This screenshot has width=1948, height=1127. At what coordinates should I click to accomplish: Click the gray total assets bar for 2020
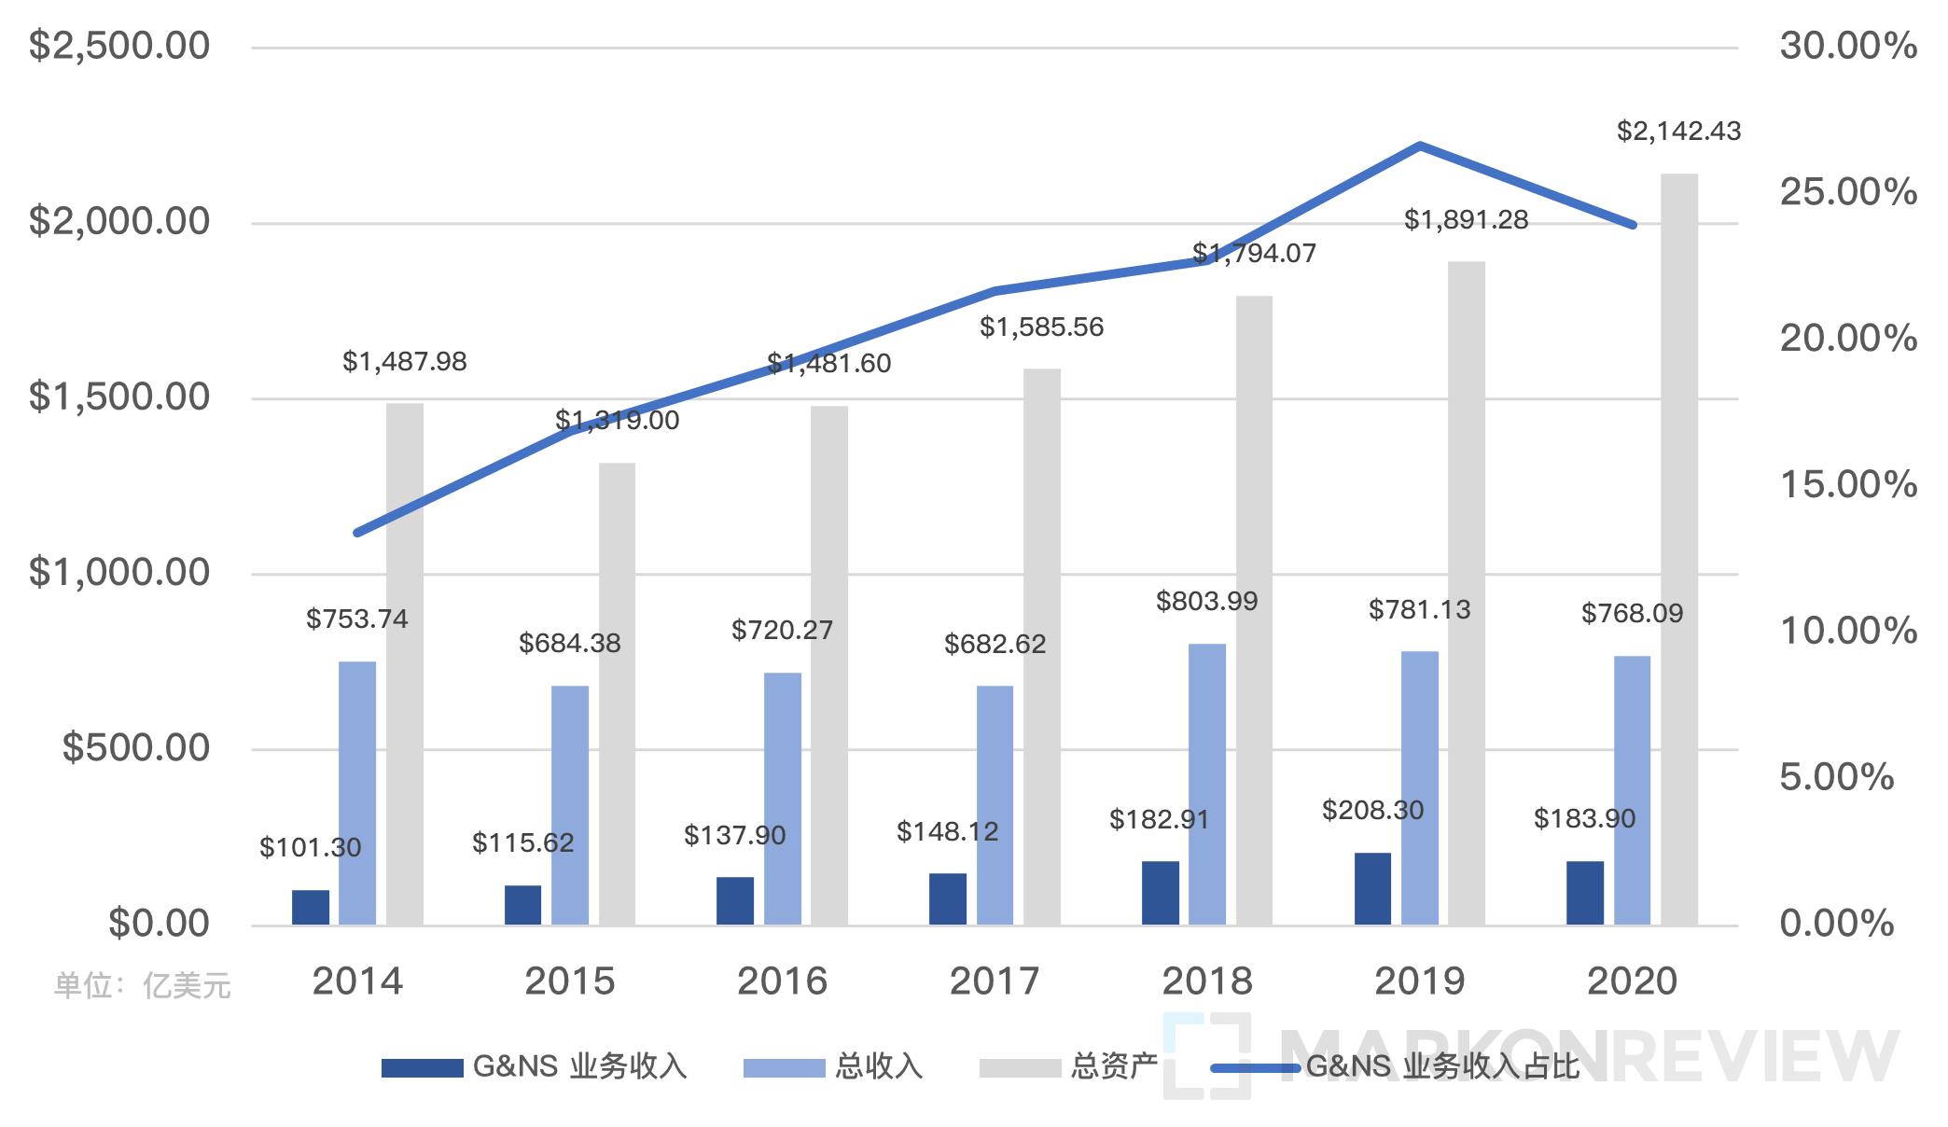tap(1679, 550)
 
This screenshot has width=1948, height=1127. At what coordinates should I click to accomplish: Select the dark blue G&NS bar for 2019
tap(1372, 888)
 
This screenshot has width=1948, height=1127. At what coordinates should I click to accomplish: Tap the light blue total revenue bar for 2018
tap(1207, 784)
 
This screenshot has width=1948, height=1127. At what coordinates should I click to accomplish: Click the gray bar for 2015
tap(617, 694)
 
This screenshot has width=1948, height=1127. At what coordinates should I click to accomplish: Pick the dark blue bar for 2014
tap(311, 907)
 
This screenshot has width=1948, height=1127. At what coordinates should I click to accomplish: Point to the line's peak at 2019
tap(1419, 146)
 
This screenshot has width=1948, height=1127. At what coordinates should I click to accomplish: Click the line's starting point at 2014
tap(358, 533)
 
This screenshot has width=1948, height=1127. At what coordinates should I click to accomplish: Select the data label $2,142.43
tap(1678, 132)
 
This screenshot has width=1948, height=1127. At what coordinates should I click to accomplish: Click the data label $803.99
tap(1206, 602)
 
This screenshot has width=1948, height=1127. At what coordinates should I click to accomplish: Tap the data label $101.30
tap(310, 848)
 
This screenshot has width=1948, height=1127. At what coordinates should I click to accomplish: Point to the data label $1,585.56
tap(1041, 327)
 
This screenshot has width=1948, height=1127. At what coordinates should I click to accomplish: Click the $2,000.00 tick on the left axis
tap(119, 222)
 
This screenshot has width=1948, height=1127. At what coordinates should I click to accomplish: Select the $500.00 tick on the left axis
tap(136, 748)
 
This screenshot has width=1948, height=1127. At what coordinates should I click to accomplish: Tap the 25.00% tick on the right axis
tap(1847, 192)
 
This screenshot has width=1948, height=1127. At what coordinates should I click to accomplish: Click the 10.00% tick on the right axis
tap(1847, 631)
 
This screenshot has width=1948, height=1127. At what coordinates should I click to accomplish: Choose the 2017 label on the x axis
tap(995, 981)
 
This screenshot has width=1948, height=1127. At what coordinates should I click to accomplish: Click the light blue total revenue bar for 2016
tap(782, 799)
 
